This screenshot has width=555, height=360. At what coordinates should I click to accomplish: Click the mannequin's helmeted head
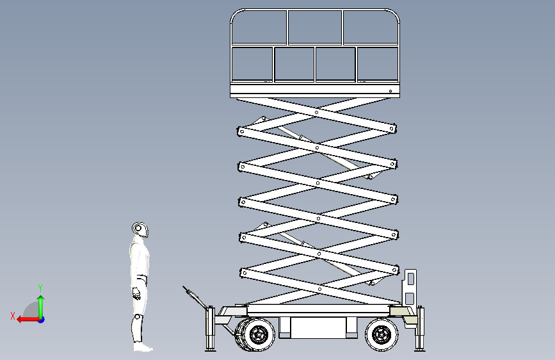[140, 229]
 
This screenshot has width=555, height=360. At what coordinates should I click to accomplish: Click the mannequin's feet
[143, 347]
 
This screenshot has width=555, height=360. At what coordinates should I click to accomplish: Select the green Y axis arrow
[41, 307]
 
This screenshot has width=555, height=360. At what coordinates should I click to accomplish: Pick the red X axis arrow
[29, 320]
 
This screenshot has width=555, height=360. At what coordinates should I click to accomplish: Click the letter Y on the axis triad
[40, 288]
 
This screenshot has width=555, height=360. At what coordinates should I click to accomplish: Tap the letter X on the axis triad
[13, 316]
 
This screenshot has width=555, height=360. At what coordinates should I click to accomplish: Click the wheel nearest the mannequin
[255, 334]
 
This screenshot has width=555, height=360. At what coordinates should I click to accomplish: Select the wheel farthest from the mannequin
[382, 334]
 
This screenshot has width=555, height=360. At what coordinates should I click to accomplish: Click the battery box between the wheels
[318, 328]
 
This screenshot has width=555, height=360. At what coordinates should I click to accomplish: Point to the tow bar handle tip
[184, 288]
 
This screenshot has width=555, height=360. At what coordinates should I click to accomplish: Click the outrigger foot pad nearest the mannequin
[211, 350]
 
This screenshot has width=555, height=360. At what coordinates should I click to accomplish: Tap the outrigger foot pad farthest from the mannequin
[420, 350]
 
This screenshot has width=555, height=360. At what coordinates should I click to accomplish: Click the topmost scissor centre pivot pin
[316, 113]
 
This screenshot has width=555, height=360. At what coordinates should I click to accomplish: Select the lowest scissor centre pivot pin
[320, 289]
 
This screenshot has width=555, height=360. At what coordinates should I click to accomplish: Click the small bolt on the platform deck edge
[390, 91]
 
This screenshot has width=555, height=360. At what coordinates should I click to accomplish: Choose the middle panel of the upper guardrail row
[315, 27]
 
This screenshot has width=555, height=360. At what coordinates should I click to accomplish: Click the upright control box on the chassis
[410, 288]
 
